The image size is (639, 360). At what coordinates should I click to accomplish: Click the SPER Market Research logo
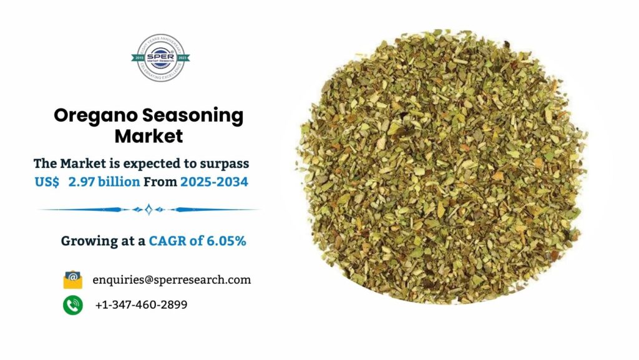162,57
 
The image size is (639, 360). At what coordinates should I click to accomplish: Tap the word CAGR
170,241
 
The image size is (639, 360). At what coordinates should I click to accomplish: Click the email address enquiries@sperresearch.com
172,280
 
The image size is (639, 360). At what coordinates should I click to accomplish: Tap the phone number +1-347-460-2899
141,305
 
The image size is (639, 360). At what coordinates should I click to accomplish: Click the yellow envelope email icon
73,280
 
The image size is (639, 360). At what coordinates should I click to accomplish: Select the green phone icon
73,305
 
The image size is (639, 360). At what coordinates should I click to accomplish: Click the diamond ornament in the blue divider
149,210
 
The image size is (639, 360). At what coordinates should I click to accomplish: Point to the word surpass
222,163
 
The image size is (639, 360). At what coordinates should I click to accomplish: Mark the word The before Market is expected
45,163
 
